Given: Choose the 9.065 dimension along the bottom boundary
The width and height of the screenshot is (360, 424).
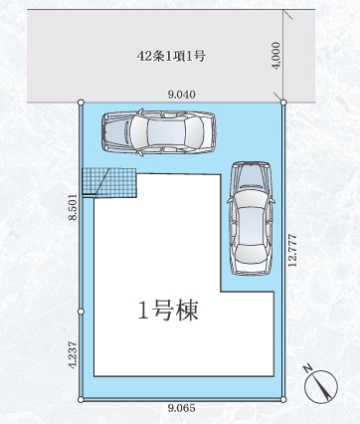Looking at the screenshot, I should pyautogui.click(x=182, y=408).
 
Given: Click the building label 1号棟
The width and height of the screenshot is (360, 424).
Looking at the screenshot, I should pyautogui.click(x=169, y=311).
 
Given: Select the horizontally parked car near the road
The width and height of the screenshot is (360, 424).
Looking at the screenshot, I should pyautogui.click(x=158, y=129).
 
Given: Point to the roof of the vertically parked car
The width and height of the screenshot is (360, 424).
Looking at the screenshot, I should pyautogui.click(x=250, y=211).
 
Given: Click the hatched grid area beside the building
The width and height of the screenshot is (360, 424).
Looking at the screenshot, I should pyautogui.click(x=107, y=181).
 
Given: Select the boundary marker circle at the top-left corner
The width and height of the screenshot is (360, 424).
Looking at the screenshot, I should pyautogui.click(x=80, y=102).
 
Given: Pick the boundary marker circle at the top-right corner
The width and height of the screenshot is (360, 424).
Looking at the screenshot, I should pyautogui.click(x=283, y=102).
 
